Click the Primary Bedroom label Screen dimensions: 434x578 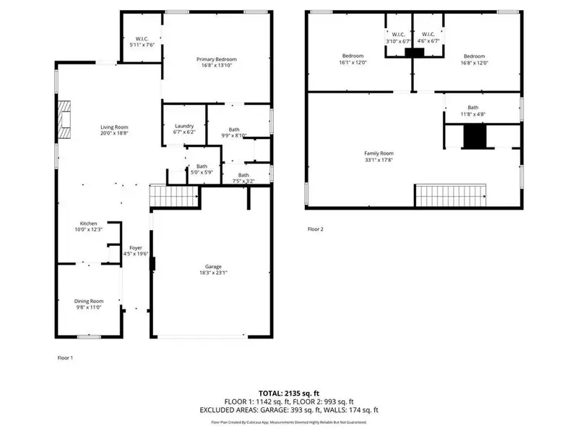(217, 62)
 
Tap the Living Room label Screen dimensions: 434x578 (114, 130)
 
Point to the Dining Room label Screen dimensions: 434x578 (89, 304)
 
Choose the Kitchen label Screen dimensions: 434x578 (89, 226)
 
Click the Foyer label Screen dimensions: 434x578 (135, 251)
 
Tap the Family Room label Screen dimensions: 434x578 (379, 157)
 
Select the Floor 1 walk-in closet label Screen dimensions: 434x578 (142, 41)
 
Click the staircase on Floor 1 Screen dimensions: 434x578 (173, 195)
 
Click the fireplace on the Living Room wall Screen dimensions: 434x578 (66, 119)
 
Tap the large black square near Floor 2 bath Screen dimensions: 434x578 (475, 137)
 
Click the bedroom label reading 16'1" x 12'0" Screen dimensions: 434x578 (353, 59)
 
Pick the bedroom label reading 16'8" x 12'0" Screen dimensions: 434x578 (474, 59)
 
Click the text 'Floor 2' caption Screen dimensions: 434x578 (316, 229)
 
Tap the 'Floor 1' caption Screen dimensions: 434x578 (65, 358)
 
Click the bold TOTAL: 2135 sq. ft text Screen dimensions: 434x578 (288, 393)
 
